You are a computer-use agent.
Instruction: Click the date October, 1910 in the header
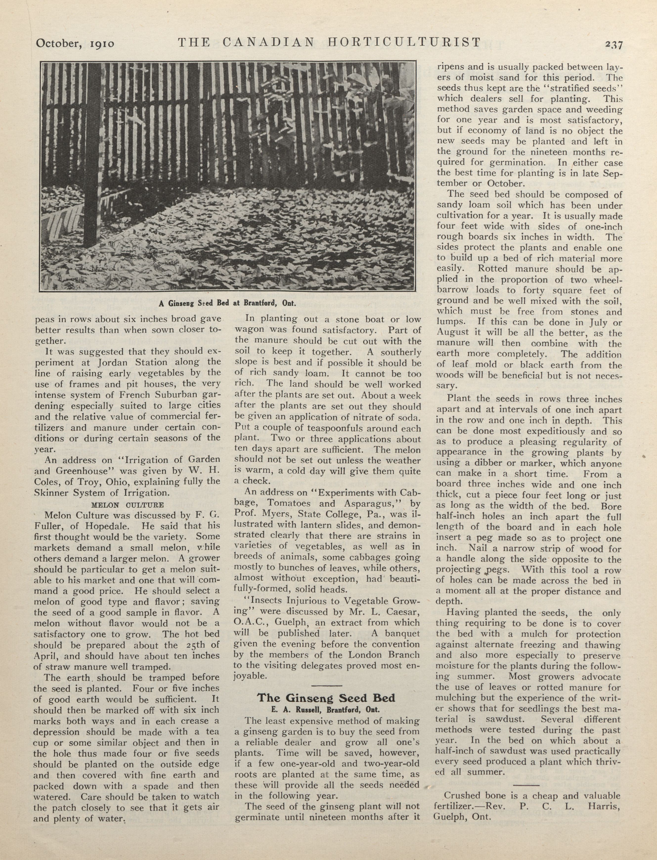(x=75, y=43)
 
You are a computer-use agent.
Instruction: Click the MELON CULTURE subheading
(x=127, y=505)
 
